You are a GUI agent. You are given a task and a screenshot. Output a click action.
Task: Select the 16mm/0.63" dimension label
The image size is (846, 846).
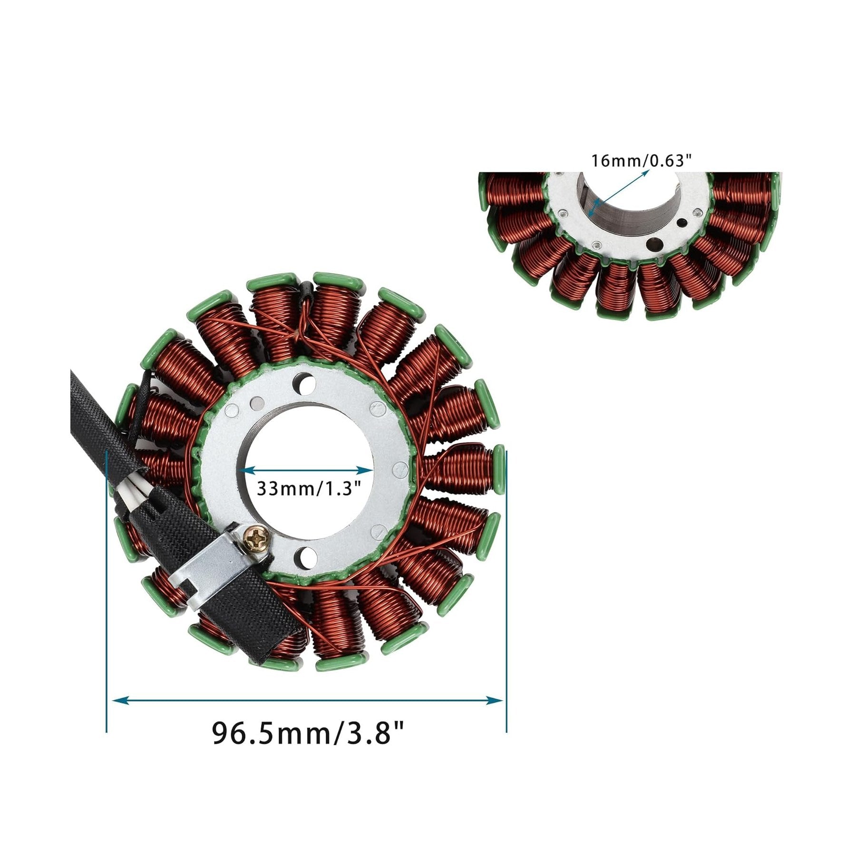pos(640,161)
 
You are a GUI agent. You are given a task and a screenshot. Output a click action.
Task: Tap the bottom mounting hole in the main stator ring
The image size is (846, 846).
pos(307,554)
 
